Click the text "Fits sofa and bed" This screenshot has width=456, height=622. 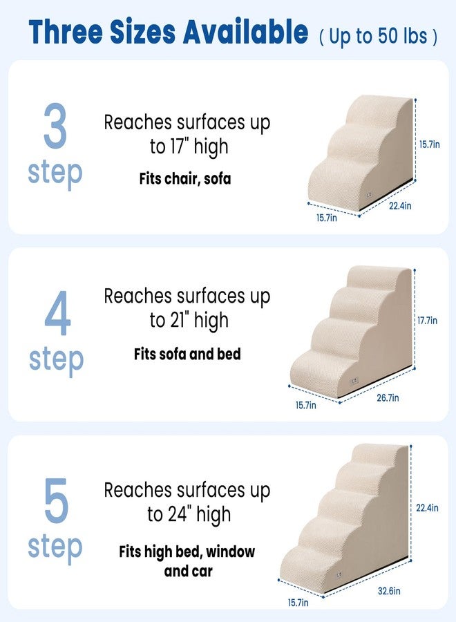(x=187, y=355)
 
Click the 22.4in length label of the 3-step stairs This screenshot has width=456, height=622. (x=399, y=206)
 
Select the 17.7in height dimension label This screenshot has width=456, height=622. (x=428, y=321)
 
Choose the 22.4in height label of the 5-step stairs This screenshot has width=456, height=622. (x=427, y=508)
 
